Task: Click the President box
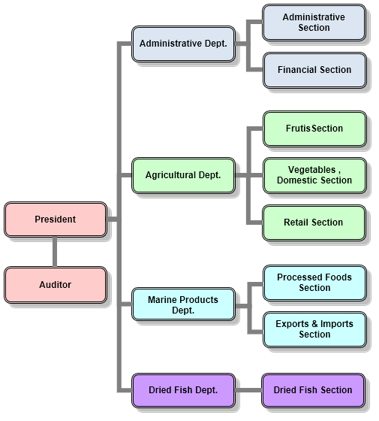[x=56, y=220]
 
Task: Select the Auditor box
[x=56, y=285]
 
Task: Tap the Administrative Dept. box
[x=183, y=44]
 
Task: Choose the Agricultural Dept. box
[x=183, y=176]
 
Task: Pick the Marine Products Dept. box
[x=183, y=304]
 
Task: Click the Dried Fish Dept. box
[x=183, y=390]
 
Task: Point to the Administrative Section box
[x=314, y=23]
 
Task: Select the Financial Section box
[x=314, y=71]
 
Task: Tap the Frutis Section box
[x=314, y=129]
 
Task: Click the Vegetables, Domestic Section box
[x=314, y=176]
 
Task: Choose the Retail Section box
[x=314, y=223]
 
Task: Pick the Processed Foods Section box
[x=314, y=283]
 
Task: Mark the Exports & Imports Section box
[x=314, y=330]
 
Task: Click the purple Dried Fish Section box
[x=314, y=390]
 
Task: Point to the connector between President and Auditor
[x=55, y=252]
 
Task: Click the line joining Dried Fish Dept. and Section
[x=248, y=390]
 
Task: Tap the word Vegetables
[x=311, y=170]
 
